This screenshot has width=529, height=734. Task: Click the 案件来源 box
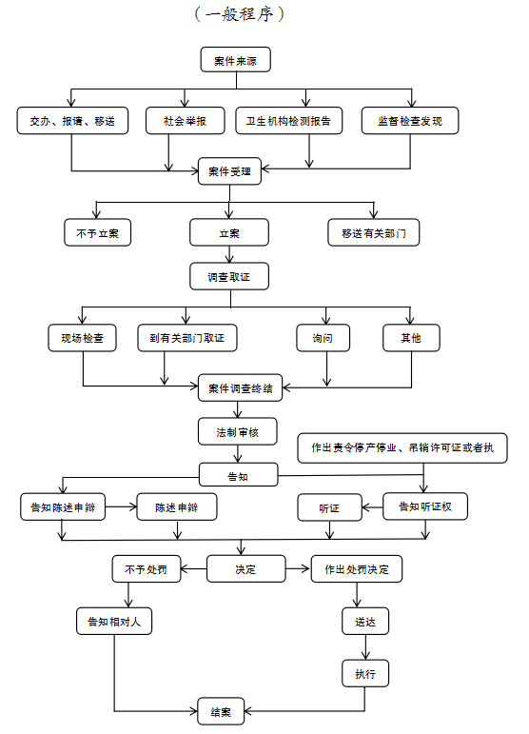(x=235, y=59)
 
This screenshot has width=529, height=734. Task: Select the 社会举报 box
(x=186, y=121)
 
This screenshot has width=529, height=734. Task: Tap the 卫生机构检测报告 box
(x=288, y=121)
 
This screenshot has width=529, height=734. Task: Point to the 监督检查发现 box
(x=410, y=121)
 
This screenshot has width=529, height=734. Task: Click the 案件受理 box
(x=229, y=171)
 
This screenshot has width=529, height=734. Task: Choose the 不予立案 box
(x=97, y=232)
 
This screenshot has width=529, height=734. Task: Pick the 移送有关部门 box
(x=373, y=232)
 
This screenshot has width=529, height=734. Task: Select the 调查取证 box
(x=229, y=276)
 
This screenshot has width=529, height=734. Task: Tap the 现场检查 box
(x=83, y=338)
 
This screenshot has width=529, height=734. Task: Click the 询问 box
(x=323, y=338)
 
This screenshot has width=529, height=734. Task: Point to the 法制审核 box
(x=238, y=431)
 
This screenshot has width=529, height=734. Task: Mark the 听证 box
(x=330, y=507)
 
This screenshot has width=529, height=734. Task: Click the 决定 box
(x=246, y=568)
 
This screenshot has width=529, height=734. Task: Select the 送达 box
(x=365, y=621)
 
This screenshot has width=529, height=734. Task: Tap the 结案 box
(x=221, y=711)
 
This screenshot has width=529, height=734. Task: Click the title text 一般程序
(x=239, y=14)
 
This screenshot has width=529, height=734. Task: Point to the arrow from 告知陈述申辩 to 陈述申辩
(x=121, y=506)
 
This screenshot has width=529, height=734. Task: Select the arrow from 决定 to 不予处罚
(x=194, y=568)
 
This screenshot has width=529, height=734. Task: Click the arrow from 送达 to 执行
(x=365, y=647)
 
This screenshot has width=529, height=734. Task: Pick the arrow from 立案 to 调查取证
(x=229, y=254)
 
